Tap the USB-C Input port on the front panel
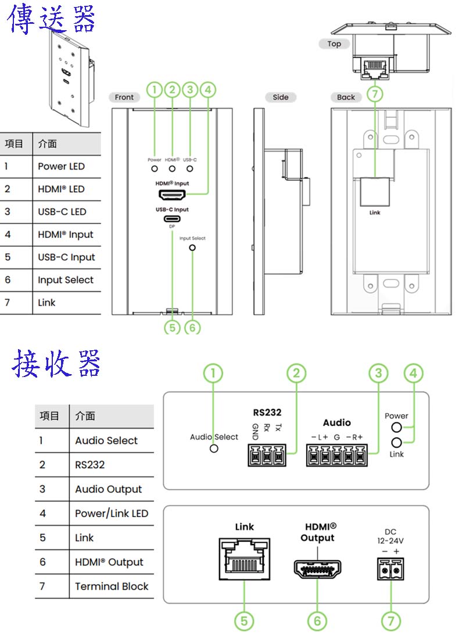pyautogui.click(x=172, y=220)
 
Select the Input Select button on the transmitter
pyautogui.click(x=192, y=247)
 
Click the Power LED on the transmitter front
pyautogui.click(x=155, y=168)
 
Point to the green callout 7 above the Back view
pyautogui.click(x=375, y=94)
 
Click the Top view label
pyautogui.click(x=334, y=44)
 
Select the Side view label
pyautogui.click(x=281, y=97)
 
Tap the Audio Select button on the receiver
pyautogui.click(x=214, y=448)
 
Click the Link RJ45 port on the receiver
pyautogui.click(x=245, y=559)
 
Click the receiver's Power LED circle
pyautogui.click(x=397, y=428)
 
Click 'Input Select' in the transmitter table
pyautogui.click(x=66, y=280)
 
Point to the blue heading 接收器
pyautogui.click(x=56, y=364)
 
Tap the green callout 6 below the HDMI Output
pyautogui.click(x=317, y=621)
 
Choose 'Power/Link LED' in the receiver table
pyautogui.click(x=112, y=514)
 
